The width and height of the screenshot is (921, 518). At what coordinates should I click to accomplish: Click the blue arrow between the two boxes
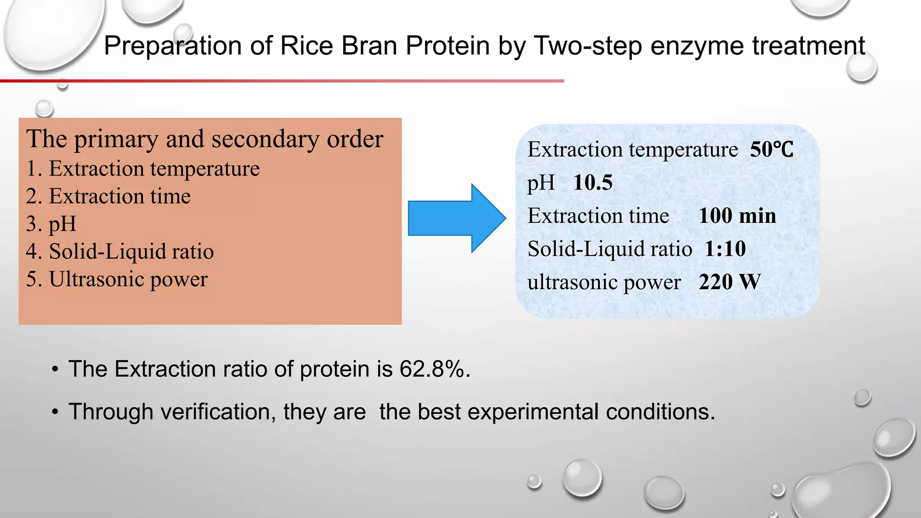(454, 219)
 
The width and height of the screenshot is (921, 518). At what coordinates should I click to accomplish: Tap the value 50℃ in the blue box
(771, 150)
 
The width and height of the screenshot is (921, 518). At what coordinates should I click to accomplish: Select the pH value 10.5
(593, 183)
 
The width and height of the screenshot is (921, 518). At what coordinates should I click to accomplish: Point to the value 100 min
(737, 216)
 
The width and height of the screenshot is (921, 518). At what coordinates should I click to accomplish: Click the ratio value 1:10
(725, 249)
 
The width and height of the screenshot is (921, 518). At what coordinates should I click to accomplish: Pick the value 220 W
(729, 282)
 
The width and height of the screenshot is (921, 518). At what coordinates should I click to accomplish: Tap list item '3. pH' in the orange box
(51, 224)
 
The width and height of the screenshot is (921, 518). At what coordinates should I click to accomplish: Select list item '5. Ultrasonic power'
(117, 279)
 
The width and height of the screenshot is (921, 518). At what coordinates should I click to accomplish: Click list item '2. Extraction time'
(108, 196)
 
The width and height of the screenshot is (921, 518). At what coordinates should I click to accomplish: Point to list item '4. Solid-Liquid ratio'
(120, 251)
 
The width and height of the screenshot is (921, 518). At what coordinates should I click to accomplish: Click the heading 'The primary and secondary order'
(205, 139)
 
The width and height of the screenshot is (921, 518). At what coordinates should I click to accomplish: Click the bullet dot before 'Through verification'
(55, 412)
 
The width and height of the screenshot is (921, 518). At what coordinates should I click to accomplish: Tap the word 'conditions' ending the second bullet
(657, 412)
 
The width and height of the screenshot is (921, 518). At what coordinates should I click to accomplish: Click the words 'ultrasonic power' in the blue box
(604, 282)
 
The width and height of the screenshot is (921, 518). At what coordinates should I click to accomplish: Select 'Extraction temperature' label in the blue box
(632, 150)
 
